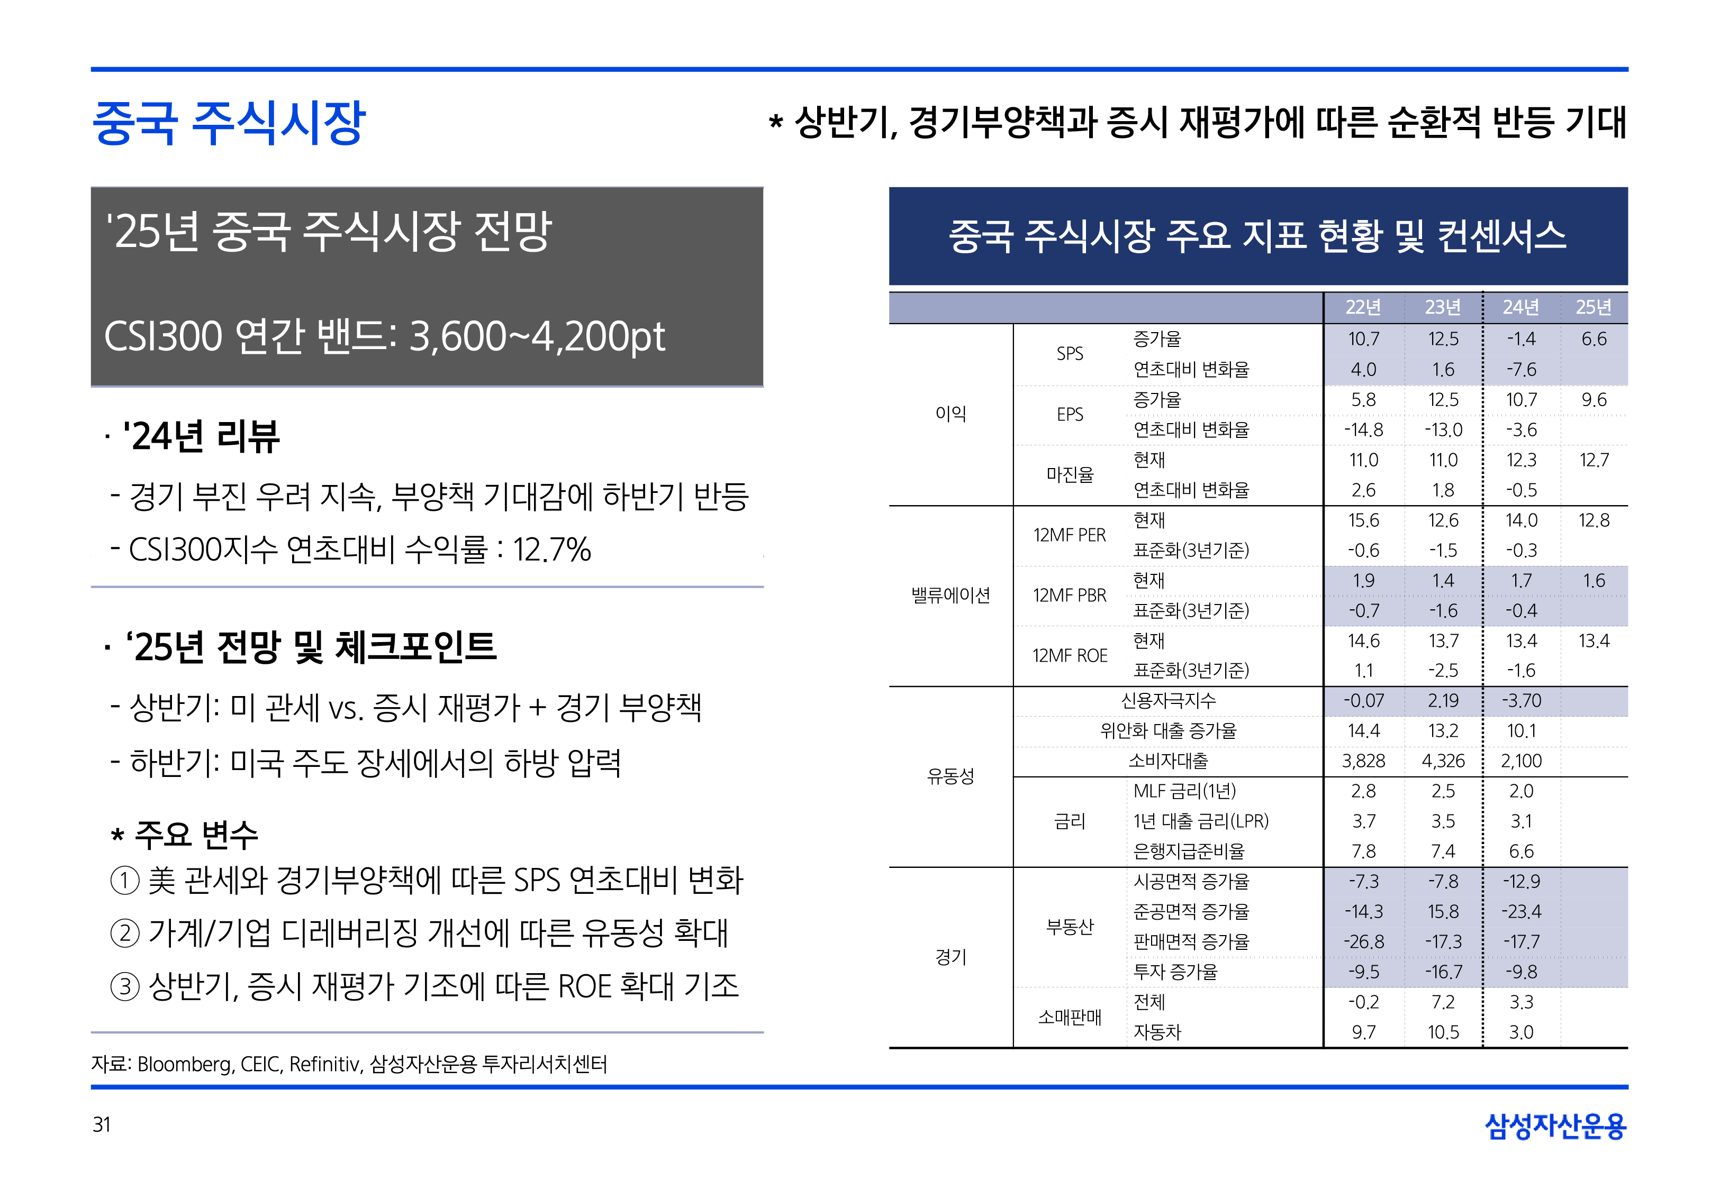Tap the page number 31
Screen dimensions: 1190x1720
tap(102, 1124)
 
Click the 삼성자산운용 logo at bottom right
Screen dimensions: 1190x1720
tap(1555, 1126)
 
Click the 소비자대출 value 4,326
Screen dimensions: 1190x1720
tap(1443, 761)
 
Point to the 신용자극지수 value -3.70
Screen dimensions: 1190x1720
tap(1521, 701)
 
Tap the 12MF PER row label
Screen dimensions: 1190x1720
tap(1069, 535)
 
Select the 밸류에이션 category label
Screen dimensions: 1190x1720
tap(950, 596)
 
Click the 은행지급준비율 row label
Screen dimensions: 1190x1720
tap(1189, 852)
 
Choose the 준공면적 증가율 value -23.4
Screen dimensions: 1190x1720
tap(1521, 912)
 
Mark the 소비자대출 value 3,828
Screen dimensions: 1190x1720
tap(1363, 761)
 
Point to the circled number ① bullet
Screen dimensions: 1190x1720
tap(124, 881)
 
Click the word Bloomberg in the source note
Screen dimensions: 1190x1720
tap(184, 1064)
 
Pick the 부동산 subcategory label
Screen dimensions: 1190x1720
tap(1069, 927)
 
